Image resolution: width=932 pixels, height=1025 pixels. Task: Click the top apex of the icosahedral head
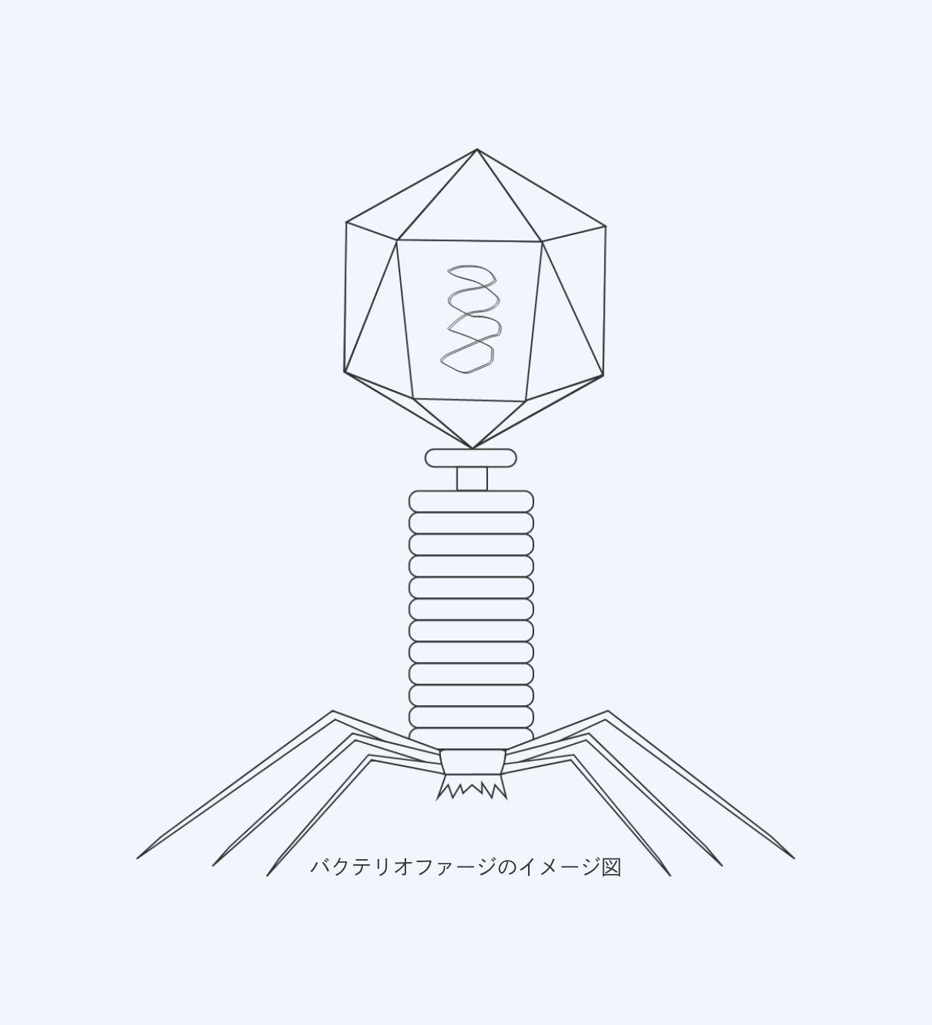pyautogui.click(x=477, y=150)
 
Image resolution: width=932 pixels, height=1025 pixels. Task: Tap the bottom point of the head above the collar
pyautogui.click(x=472, y=448)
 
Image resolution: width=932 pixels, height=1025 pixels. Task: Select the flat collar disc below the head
pyautogui.click(x=471, y=457)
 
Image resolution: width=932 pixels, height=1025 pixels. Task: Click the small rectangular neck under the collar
pyautogui.click(x=472, y=479)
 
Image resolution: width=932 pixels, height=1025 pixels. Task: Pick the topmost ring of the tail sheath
pyautogui.click(x=471, y=501)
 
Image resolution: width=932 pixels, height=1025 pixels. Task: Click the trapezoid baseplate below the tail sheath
pyautogui.click(x=472, y=762)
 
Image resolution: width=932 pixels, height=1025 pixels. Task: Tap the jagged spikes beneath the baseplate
pyautogui.click(x=472, y=787)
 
